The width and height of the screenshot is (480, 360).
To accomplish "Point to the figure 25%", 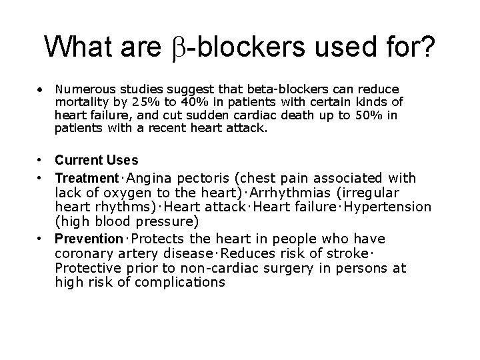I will [x=163, y=101].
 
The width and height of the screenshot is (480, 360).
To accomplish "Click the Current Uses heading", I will [x=97, y=160].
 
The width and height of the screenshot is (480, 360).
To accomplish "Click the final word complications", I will [x=181, y=283].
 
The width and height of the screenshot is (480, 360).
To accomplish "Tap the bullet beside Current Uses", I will [x=41, y=160].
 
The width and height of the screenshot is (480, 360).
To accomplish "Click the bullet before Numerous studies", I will [x=41, y=89].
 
